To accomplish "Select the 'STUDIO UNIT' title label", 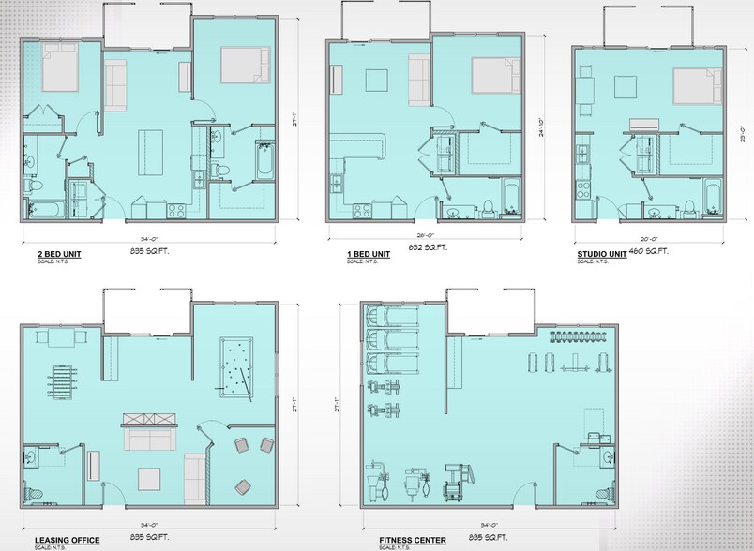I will point(603,251).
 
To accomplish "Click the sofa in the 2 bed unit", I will point(115,83).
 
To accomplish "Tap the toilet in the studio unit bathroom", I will point(689,206).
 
